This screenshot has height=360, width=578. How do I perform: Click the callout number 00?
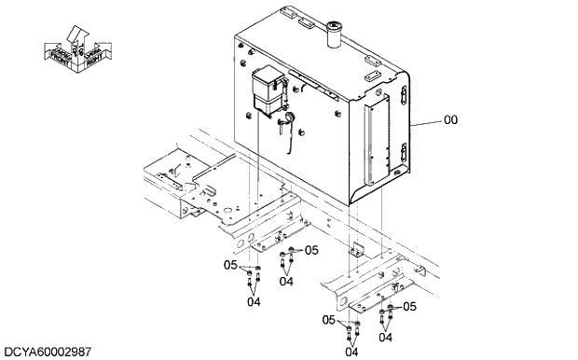[x=450, y=120]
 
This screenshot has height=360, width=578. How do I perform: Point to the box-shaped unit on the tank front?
[x=267, y=90]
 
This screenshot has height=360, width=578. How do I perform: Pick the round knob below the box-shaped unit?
[x=288, y=118]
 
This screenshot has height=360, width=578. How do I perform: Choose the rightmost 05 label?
[x=408, y=307]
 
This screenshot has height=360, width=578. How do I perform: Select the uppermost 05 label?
[x=311, y=250]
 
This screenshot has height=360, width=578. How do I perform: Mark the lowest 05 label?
[x=329, y=320]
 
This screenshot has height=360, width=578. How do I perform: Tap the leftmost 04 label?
[x=254, y=301]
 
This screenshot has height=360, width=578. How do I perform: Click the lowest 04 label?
[x=351, y=352]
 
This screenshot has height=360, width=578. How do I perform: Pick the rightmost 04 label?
[x=384, y=337]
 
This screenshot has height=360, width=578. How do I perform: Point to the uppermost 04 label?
[x=286, y=281]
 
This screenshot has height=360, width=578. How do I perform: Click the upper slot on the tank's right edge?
[x=402, y=95]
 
